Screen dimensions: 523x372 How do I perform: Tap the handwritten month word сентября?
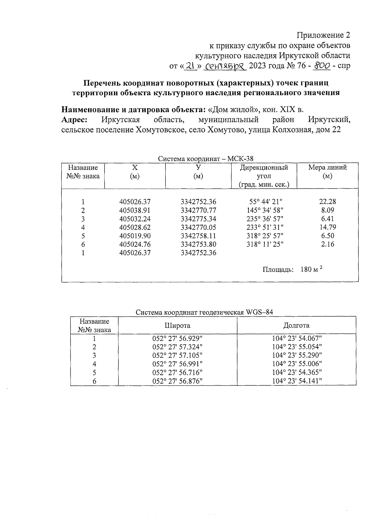[225, 66]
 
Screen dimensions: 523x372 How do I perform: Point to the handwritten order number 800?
[321, 66]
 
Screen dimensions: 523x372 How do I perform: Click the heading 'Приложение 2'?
[324, 35]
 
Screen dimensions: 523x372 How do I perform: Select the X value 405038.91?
[135, 210]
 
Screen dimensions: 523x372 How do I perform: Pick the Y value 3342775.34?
[198, 219]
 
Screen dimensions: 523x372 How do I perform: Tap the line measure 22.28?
[327, 202]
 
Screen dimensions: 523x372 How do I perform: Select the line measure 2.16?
[327, 244]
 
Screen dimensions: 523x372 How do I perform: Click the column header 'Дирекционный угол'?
[264, 172]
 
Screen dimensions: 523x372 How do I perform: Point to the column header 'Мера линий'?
[327, 168]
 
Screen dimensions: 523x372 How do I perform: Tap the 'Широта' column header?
[177, 326]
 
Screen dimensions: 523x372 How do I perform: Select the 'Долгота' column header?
[296, 326]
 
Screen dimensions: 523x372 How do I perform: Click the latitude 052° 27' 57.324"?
[177, 347]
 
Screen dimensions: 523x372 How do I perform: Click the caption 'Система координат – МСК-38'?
[206, 159]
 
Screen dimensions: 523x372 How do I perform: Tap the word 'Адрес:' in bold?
[74, 120]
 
